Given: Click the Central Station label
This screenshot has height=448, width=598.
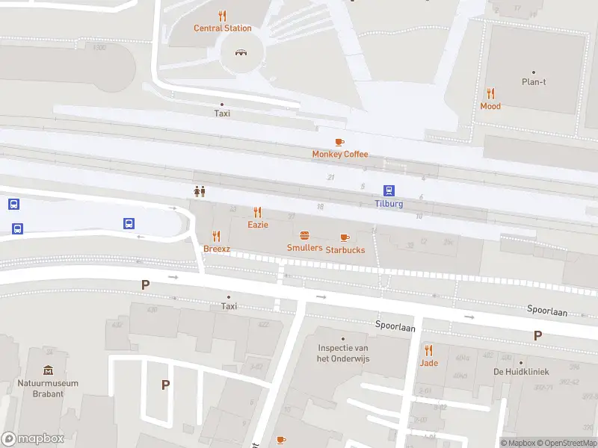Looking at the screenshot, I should [x=223, y=28].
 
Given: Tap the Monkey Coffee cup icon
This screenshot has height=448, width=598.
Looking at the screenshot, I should [x=339, y=141].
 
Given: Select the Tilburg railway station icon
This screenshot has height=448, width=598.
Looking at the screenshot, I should [x=389, y=191].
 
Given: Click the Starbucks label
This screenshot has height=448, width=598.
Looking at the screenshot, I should [x=345, y=250].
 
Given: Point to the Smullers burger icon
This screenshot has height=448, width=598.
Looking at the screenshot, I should [x=304, y=235].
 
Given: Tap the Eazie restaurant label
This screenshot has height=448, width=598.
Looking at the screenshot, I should [x=258, y=224].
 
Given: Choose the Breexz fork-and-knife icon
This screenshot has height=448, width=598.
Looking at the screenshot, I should [x=217, y=236].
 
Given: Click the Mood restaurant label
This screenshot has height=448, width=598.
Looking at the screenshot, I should [x=490, y=106].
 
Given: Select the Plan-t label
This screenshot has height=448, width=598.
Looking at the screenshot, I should [x=534, y=82].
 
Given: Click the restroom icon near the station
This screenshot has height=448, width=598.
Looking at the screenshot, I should [x=200, y=191].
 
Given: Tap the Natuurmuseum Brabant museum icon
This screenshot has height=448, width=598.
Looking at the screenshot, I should [x=48, y=370].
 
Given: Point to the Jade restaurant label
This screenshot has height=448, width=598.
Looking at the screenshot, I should [x=428, y=363].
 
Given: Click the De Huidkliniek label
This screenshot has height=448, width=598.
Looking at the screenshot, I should [x=521, y=372].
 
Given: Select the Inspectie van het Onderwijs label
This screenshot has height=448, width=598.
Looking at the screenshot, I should [x=344, y=353].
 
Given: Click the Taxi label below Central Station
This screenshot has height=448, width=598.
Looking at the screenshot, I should [x=222, y=113].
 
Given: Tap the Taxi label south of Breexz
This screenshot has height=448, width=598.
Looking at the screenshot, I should [x=229, y=306].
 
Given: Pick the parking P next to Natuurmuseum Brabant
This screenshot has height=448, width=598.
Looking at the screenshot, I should [x=165, y=385].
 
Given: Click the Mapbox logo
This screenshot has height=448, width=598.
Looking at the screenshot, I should [x=33, y=439].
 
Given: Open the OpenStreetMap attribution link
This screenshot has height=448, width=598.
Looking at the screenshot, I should [x=567, y=443].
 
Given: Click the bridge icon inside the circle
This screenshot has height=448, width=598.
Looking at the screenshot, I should [x=241, y=52].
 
